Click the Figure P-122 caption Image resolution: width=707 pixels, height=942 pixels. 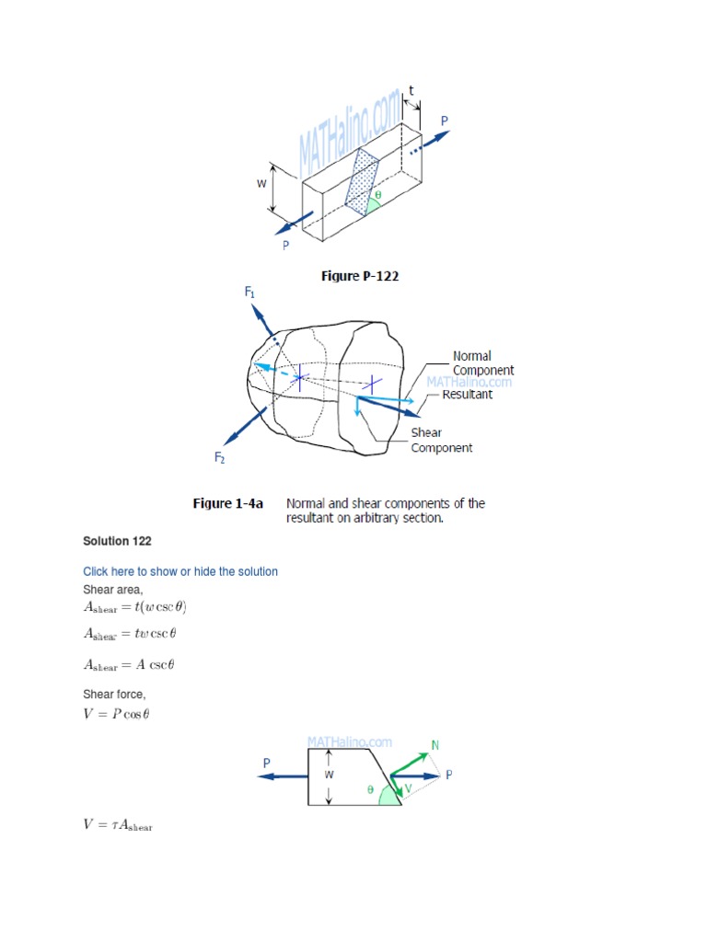(360, 276)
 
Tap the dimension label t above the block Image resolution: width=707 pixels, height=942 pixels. (411, 90)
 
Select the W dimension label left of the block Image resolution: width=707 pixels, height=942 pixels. (261, 183)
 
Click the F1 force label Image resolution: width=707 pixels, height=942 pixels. (249, 293)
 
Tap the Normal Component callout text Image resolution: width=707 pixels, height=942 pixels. (483, 362)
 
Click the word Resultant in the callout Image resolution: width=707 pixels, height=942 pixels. (468, 394)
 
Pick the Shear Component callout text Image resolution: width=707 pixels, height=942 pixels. (441, 440)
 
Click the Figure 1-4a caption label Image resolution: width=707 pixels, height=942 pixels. (227, 503)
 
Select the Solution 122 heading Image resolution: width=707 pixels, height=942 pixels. (117, 541)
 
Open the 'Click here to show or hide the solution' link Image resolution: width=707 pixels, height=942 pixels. (180, 571)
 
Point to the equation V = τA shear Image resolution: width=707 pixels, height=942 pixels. (118, 825)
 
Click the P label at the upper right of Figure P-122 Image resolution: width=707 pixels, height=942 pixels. (445, 121)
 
